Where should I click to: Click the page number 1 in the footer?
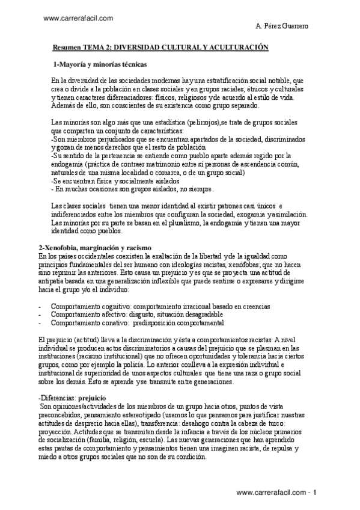[x=322, y=492]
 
